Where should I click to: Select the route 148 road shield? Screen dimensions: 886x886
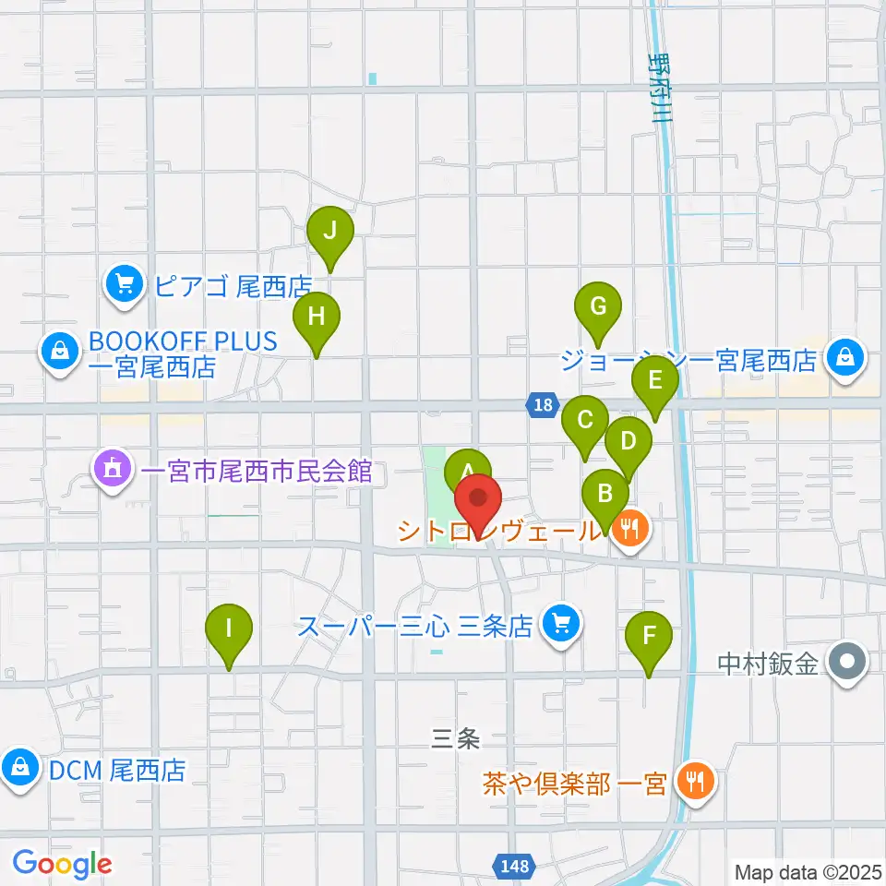516,867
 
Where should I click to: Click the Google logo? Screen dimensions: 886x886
62,865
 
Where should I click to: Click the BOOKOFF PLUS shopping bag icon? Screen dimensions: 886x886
59,352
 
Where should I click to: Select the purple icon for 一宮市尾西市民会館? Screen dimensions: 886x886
113,471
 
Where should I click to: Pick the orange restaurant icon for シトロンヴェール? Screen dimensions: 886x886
631,530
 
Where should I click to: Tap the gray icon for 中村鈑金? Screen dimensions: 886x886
844,663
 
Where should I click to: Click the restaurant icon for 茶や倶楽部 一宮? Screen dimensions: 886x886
691,784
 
